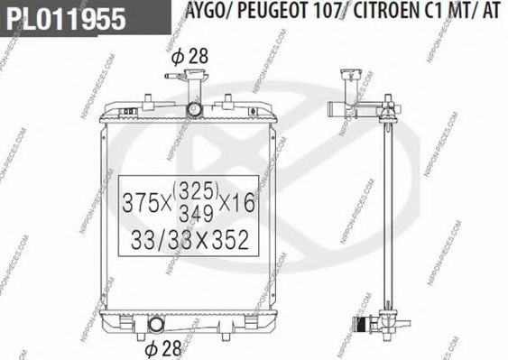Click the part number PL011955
pyautogui.click(x=63, y=19)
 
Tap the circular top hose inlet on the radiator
pyautogui.click(x=196, y=109)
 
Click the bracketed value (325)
pyautogui.click(x=194, y=190)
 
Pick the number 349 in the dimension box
pyautogui.click(x=194, y=214)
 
